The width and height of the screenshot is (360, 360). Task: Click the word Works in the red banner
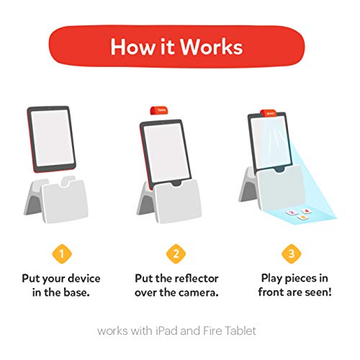pos(211,47)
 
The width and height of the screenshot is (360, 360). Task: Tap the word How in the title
pos(132,47)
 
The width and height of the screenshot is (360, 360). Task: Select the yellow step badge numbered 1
pos(62,253)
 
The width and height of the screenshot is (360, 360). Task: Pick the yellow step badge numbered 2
pos(176,253)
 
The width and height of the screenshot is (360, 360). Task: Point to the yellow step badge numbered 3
pos(291,253)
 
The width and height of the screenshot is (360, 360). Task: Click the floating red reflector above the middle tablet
pos(159,111)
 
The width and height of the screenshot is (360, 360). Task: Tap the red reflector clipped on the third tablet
pos(269,113)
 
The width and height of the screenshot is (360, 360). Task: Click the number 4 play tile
pos(306,211)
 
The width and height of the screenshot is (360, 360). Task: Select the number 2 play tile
pos(292,212)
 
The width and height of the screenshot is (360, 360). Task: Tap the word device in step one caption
pos(84,279)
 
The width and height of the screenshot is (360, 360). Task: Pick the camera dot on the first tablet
pos(50,109)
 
